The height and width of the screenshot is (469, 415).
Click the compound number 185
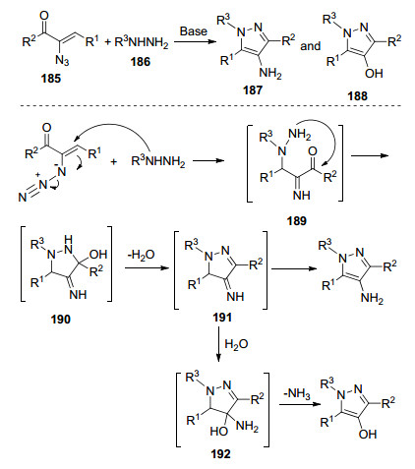(51, 79)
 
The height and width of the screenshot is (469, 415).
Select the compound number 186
(141, 61)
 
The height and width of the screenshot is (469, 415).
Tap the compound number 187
(253, 89)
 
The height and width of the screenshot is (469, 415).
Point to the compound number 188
(358, 96)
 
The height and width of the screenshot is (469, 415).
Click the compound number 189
(297, 221)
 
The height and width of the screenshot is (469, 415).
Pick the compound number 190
(61, 319)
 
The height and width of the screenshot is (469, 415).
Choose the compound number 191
(222, 318)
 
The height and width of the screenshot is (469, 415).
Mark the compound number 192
(220, 454)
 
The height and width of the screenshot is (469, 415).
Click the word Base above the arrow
(194, 31)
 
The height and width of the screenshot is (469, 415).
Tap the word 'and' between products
(311, 46)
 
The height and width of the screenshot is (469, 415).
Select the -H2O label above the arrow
(141, 255)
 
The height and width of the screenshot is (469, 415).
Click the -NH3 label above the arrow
(297, 393)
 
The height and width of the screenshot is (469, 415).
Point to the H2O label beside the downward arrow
(236, 344)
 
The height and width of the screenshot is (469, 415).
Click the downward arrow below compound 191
(218, 344)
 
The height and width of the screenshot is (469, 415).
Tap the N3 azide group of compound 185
(62, 60)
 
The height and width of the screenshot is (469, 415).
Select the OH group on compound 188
(374, 73)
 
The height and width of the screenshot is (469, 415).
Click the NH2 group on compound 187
(270, 73)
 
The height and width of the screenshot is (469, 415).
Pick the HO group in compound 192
(219, 431)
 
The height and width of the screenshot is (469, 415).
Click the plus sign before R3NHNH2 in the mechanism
(113, 161)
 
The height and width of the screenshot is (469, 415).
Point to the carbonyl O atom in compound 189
(313, 151)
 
